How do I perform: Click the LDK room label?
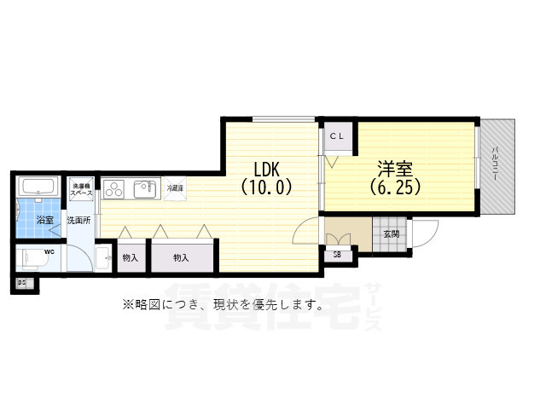click(x=266, y=168)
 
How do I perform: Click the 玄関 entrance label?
click(x=391, y=234)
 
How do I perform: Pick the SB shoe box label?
click(x=337, y=254)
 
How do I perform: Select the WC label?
click(x=49, y=252)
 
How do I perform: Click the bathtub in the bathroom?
click(x=37, y=188)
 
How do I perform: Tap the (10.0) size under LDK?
click(x=266, y=186)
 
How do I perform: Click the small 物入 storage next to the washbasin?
click(x=131, y=257)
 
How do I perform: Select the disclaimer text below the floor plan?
click(x=222, y=305)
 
